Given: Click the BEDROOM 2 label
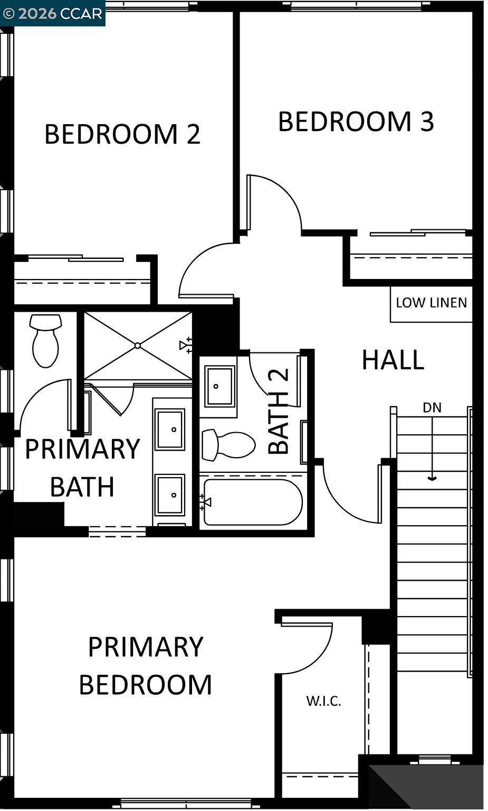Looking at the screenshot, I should click(122, 134).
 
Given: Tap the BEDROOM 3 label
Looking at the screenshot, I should click(356, 122).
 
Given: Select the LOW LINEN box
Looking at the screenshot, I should click(431, 303).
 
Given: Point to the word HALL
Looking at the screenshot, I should click(393, 360).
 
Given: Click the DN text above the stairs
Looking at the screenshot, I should click(432, 408).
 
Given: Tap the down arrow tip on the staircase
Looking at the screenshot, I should click(432, 479).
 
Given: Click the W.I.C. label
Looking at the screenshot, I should click(323, 701).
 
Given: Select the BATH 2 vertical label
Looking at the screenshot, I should click(279, 412).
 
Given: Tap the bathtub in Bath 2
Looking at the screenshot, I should click(252, 502).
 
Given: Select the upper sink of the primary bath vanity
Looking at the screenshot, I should click(170, 429).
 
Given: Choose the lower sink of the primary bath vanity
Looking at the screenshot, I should click(170, 495).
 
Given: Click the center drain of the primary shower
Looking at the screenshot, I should click(137, 346).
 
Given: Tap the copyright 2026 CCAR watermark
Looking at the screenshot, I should click(52, 13).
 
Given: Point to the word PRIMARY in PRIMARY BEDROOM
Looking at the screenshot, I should click(146, 647).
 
